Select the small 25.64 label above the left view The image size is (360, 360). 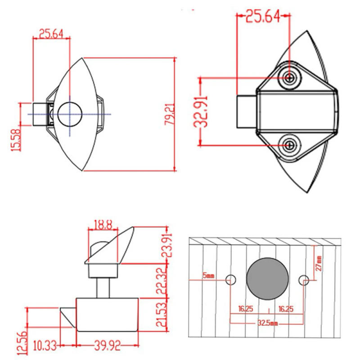[x=51, y=34]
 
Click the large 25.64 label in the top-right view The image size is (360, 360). [x=262, y=17]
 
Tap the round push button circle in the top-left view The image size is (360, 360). [x=69, y=113]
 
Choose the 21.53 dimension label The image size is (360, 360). [x=165, y=315]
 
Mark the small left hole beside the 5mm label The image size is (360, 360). [x=231, y=280]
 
